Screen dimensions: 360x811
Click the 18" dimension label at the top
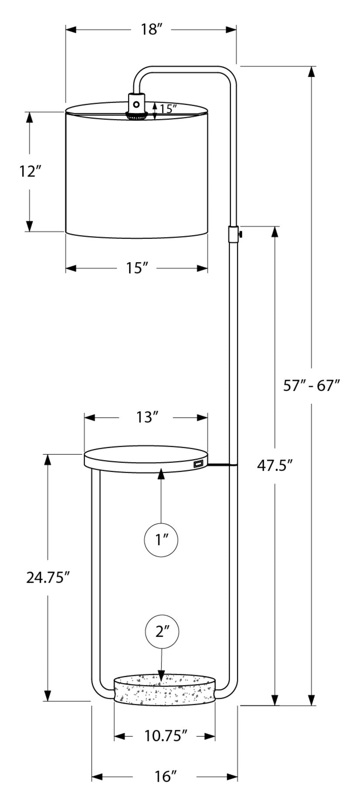click(x=151, y=30)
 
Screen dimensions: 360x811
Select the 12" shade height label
click(x=30, y=171)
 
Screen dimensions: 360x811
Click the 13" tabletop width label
click(x=146, y=417)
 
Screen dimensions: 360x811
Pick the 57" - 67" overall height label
click(x=311, y=386)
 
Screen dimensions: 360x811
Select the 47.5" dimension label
click(x=274, y=466)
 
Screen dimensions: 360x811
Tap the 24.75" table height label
click(x=48, y=577)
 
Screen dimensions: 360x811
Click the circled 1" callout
click(x=161, y=540)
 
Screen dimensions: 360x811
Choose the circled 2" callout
click(x=162, y=631)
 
